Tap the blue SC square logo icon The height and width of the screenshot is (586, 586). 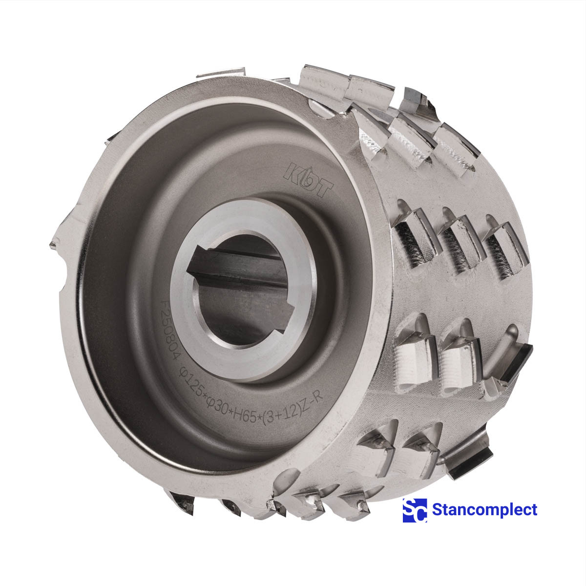[x=415, y=510]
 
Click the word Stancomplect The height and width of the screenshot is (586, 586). [x=484, y=510]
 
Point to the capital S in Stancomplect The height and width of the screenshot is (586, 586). [x=438, y=510]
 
